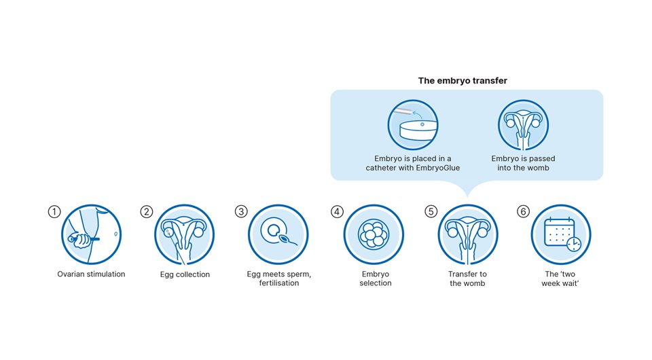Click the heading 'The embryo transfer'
pos(463,81)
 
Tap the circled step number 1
pos(54,212)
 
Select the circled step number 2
pos(147,212)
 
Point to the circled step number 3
pos(241,212)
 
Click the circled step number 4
pos(337,212)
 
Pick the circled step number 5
pos(431,212)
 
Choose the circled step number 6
pos(523,212)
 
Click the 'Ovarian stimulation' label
pos(91,274)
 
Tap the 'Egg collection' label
pos(185,274)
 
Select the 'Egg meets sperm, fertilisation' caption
pos(279,278)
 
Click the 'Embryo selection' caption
pos(376,278)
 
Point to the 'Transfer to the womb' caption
pos(467,278)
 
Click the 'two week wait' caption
pos(560,278)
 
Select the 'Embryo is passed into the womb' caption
pos(523,163)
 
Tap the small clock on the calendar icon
pos(574,245)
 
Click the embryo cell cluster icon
pos(374,234)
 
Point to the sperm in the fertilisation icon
pos(287,240)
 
